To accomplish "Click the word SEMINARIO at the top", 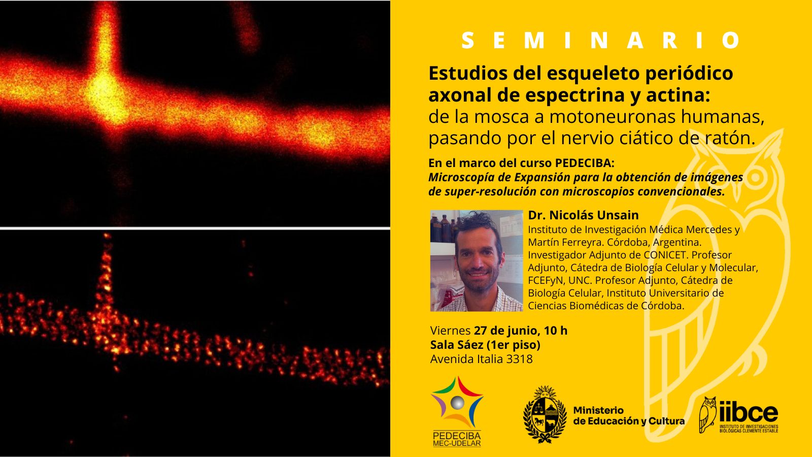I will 602,41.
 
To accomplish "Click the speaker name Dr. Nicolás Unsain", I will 583,215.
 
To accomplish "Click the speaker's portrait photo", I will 476,260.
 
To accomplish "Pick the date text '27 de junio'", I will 505,331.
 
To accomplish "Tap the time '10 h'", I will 555,331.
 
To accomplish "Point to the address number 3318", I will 519,359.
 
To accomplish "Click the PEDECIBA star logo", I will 457,403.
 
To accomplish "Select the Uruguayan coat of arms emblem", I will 545,414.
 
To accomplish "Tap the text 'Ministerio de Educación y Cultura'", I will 628,416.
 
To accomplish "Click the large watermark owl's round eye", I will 756,178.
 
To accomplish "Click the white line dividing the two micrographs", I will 195,228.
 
